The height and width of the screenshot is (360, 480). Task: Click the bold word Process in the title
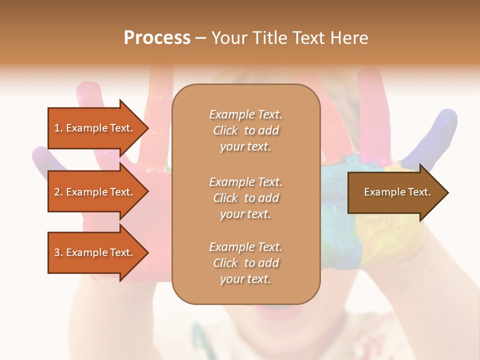click(x=157, y=38)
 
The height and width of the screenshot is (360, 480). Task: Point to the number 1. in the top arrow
click(x=58, y=128)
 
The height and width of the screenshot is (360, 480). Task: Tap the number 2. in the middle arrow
click(x=58, y=192)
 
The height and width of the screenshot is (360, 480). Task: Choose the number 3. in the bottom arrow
click(x=58, y=252)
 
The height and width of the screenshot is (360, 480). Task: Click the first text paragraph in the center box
click(x=245, y=130)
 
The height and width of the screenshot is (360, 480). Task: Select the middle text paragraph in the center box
click(x=245, y=198)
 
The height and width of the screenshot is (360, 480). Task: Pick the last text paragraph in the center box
click(x=245, y=263)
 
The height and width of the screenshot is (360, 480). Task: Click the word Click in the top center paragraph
click(x=225, y=131)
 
